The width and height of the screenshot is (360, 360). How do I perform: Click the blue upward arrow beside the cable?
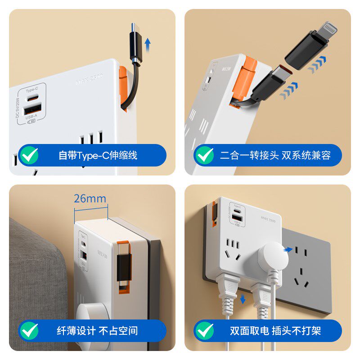point(148,45)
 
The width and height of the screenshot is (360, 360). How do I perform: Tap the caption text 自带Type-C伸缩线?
point(98,156)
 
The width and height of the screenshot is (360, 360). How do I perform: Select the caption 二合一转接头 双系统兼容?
point(275,156)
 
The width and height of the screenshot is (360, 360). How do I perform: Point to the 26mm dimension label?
point(90,198)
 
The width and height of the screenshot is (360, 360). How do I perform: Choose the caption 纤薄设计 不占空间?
point(97,331)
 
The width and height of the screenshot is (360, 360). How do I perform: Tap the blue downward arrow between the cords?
point(243,299)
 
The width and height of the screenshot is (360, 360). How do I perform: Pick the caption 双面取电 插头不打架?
point(275,331)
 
